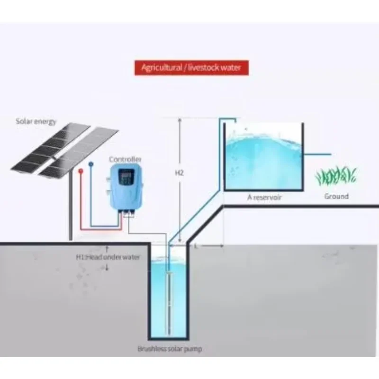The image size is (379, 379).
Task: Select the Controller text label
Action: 125,160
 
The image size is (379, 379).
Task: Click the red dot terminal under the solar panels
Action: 82,169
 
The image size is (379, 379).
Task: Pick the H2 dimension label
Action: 179,173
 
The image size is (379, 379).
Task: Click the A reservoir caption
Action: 264,197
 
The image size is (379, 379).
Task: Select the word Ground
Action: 336,196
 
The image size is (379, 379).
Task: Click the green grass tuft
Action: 335,176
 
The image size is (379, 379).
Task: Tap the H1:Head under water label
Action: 108,257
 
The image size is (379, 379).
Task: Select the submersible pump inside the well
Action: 169,298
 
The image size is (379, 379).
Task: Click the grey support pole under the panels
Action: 71,208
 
